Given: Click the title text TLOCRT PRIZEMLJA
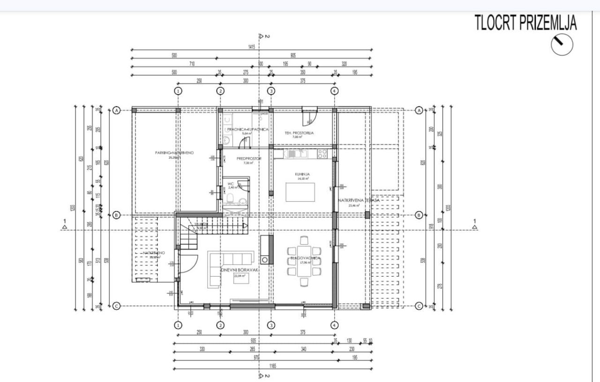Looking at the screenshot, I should [x=525, y=23].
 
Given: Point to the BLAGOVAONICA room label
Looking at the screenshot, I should [x=305, y=258].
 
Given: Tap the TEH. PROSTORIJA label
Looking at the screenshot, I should [x=299, y=133].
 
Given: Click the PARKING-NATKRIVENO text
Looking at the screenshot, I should [x=174, y=153].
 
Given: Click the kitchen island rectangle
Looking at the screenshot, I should [x=300, y=191].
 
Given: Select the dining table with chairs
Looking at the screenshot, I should [x=304, y=261].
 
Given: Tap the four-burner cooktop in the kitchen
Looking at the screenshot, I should [x=322, y=153].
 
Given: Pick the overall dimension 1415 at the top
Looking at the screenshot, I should [x=252, y=47].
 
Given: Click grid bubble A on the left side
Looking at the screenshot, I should [x=117, y=110].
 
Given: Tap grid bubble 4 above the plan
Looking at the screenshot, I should [x=334, y=90].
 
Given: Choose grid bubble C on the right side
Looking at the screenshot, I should [x=419, y=306].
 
